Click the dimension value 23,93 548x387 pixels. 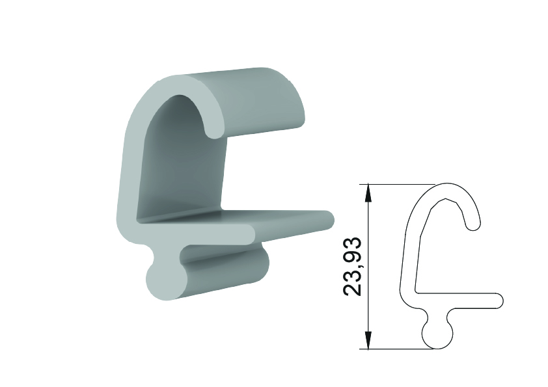352,267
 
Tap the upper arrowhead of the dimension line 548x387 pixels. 368,193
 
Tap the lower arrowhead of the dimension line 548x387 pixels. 368,340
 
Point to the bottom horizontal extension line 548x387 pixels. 396,349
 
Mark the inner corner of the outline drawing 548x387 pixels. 416,291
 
